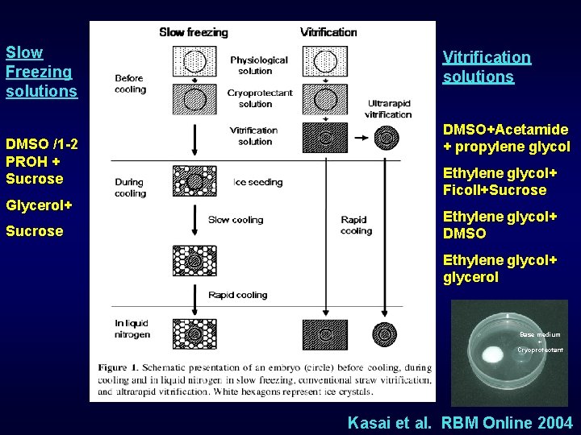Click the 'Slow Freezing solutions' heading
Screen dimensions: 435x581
[x=41, y=72]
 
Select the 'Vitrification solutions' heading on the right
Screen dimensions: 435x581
[x=487, y=67]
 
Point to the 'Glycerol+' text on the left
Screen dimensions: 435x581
[x=38, y=205]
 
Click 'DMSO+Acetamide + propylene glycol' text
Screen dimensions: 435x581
[x=505, y=138]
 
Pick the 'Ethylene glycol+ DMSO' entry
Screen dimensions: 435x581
[x=499, y=225]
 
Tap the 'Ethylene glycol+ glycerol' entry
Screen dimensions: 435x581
[x=499, y=268]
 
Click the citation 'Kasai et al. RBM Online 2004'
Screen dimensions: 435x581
[x=459, y=422]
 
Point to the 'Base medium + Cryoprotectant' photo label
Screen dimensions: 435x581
[x=540, y=342]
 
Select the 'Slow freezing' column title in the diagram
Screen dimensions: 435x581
[x=194, y=32]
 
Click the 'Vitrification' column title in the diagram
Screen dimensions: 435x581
[x=328, y=32]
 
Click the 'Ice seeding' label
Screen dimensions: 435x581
[x=257, y=182]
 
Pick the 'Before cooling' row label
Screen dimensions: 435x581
[x=129, y=84]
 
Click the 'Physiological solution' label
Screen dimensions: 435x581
[x=258, y=65]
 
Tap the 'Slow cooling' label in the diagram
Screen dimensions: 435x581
[x=235, y=219]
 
